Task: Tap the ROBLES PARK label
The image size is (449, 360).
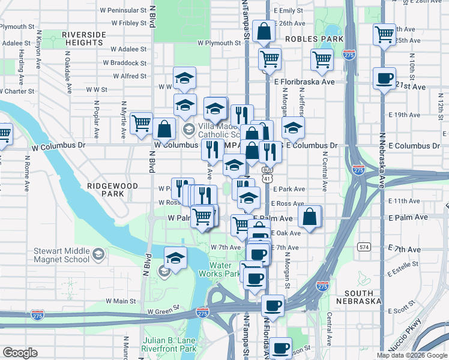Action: [315, 38]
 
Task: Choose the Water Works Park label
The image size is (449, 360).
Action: [224, 269]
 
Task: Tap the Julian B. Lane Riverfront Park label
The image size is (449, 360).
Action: [170, 344]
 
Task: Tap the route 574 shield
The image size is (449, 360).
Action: [364, 247]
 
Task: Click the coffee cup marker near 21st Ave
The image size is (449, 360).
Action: [384, 77]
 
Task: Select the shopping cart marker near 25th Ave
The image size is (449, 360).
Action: [384, 34]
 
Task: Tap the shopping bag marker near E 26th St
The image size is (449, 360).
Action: [264, 31]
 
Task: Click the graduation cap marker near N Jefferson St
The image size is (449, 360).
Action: [293, 127]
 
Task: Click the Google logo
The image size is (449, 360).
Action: [20, 353]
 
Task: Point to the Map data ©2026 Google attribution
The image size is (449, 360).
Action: [411, 355]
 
